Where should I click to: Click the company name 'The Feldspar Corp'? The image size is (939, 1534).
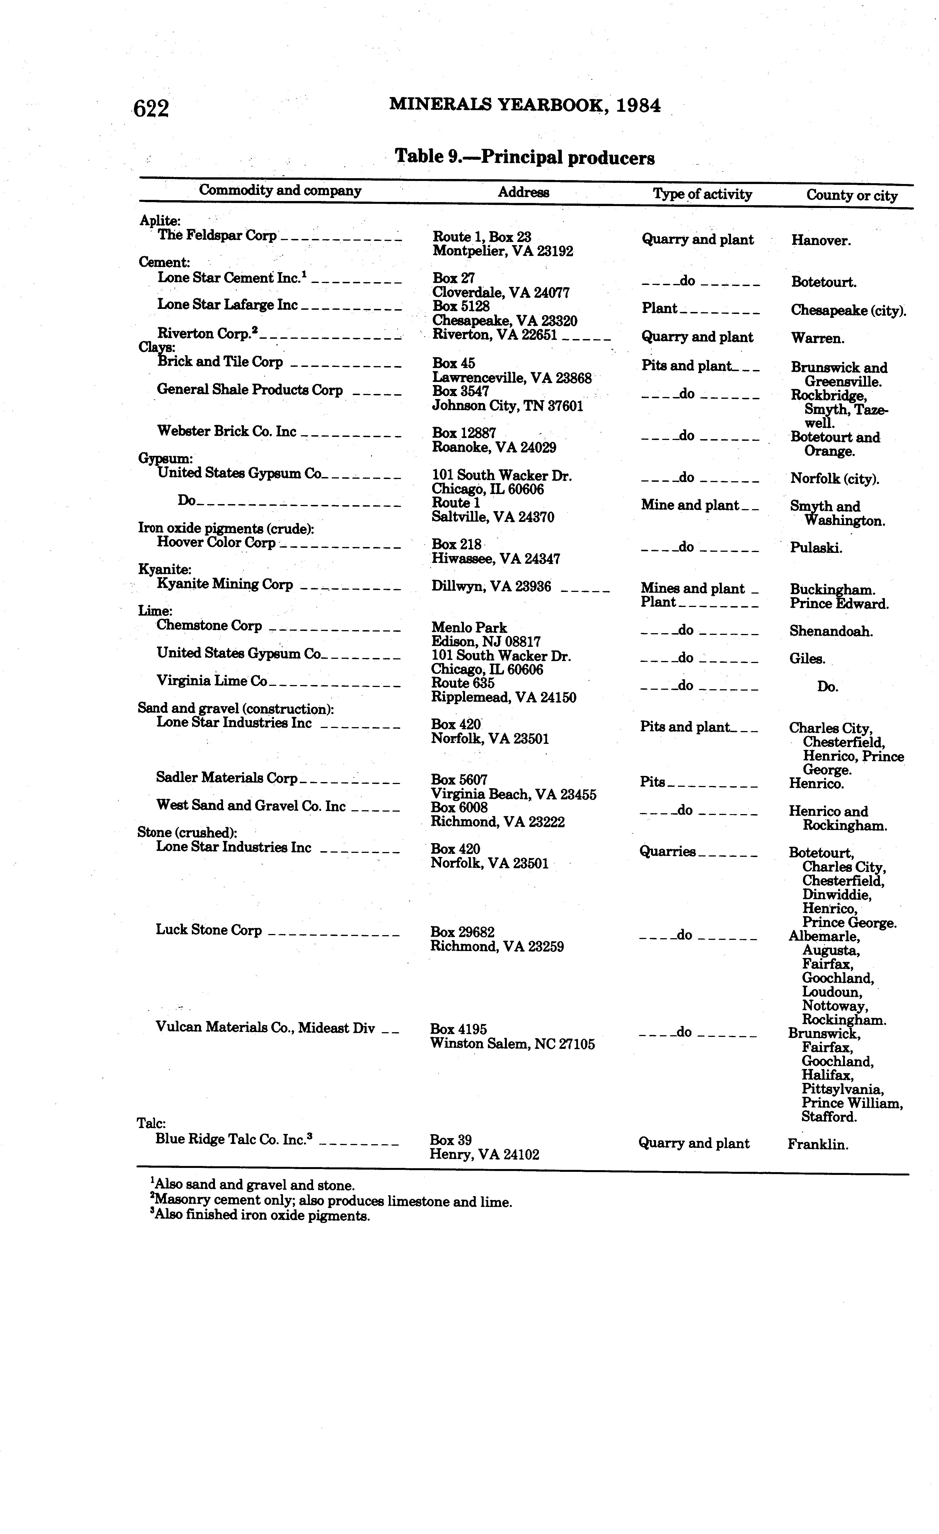pos(217,235)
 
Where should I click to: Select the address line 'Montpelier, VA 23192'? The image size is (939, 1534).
pos(502,251)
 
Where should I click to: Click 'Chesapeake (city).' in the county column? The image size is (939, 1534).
pos(848,311)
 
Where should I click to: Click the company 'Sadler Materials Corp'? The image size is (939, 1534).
pos(227,778)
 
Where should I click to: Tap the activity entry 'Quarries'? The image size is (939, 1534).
pos(667,852)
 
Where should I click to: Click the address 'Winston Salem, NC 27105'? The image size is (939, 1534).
pos(512,1044)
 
